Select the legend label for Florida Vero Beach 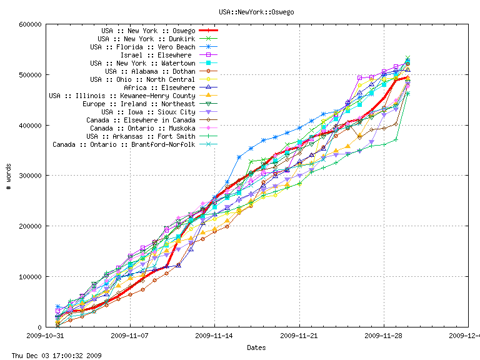click(x=142, y=47)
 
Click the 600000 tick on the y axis click(x=30, y=24)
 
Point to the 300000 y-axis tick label click(x=30, y=176)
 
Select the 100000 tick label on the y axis click(x=30, y=276)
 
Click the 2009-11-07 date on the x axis click(x=130, y=336)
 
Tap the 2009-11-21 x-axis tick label click(x=299, y=336)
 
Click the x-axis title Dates click(x=256, y=347)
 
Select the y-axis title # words click(x=8, y=176)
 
